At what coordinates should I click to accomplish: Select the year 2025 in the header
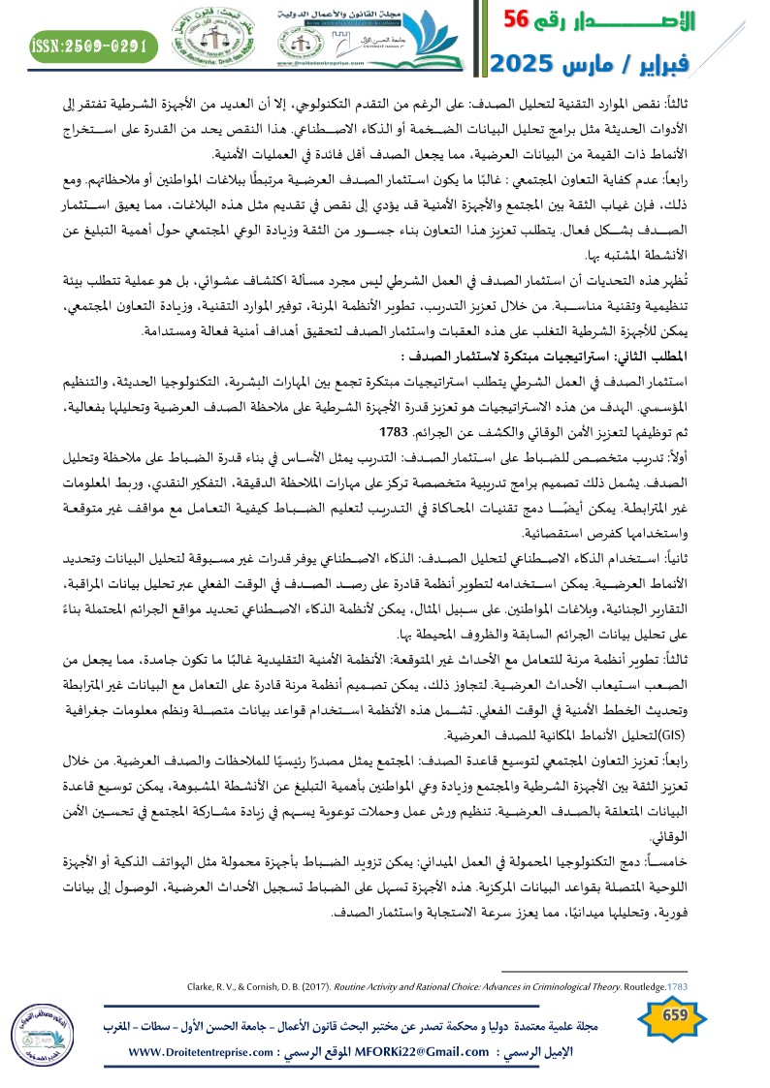point(522,64)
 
